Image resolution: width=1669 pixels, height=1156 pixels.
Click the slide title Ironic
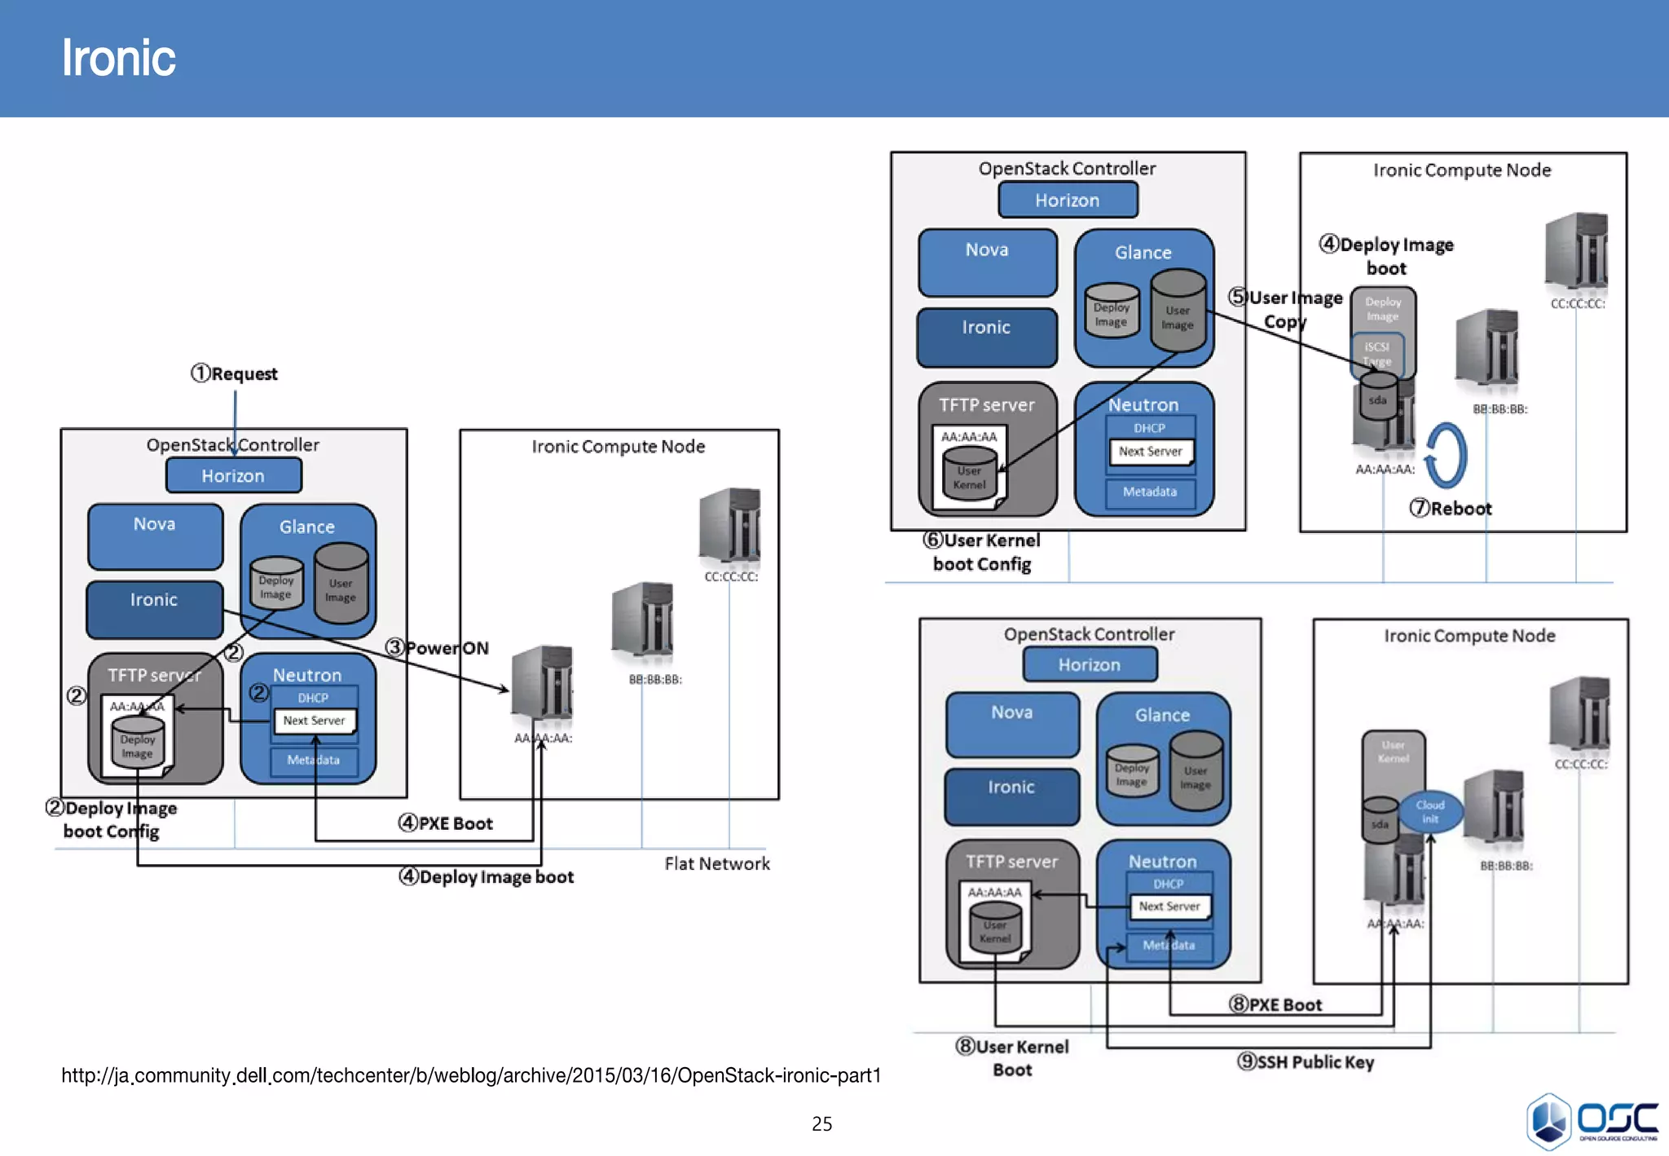118,58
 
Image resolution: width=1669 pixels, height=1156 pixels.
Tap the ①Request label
235,373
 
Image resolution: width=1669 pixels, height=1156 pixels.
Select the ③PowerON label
438,648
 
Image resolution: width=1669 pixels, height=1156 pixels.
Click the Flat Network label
716,863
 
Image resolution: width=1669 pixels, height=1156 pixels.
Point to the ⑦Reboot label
1451,509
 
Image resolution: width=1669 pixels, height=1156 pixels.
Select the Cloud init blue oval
1430,812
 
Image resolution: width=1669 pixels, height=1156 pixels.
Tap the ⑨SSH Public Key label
1306,1061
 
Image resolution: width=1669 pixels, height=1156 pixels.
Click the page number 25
821,1123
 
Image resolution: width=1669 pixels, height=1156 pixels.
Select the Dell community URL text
471,1075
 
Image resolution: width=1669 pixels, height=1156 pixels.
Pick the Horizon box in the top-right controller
1068,200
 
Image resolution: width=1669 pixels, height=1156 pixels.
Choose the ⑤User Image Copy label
1286,309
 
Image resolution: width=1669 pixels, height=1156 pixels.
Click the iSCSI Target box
1377,354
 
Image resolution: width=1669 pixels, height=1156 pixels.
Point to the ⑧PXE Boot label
1275,1004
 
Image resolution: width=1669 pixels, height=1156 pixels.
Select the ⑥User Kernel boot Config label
982,552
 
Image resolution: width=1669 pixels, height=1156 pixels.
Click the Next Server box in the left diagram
314,721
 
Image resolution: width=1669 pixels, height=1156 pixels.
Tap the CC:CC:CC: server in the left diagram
729,527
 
